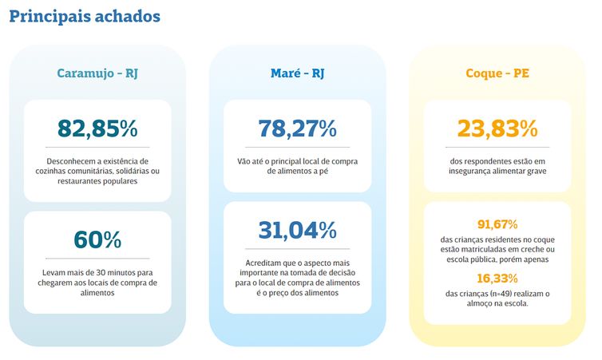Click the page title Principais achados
click(x=85, y=16)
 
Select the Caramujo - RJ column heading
click(x=97, y=73)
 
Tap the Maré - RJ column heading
click(x=297, y=73)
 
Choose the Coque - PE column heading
click(x=497, y=73)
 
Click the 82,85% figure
click(x=97, y=128)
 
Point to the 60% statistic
click(x=97, y=239)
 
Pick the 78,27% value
click(x=297, y=128)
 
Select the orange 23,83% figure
click(x=497, y=128)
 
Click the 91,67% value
click(x=497, y=224)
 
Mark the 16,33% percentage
click(x=497, y=279)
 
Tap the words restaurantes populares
click(x=97, y=181)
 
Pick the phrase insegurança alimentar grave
click(x=497, y=171)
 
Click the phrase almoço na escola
click(x=497, y=304)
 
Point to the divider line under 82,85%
click(x=97, y=148)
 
